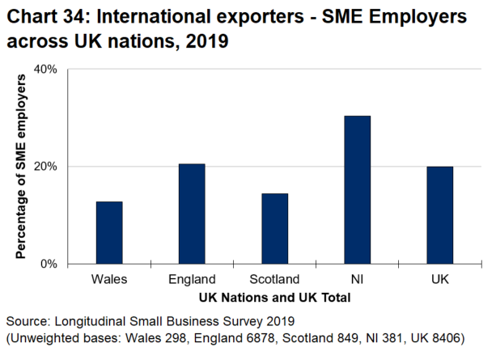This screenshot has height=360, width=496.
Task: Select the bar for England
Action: (x=192, y=214)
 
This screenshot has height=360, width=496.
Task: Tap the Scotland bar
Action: (x=274, y=228)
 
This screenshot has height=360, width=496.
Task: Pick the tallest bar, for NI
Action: (x=357, y=189)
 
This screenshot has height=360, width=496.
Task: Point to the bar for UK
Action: (x=439, y=214)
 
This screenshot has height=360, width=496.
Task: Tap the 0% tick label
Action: (x=49, y=264)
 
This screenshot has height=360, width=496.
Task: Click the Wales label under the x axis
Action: (x=109, y=281)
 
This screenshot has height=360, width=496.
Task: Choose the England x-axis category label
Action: (x=192, y=281)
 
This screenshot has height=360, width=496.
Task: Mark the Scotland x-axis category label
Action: (x=274, y=281)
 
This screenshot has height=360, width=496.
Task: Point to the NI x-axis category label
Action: (x=357, y=281)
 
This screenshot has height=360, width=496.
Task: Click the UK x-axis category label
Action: (x=439, y=281)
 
